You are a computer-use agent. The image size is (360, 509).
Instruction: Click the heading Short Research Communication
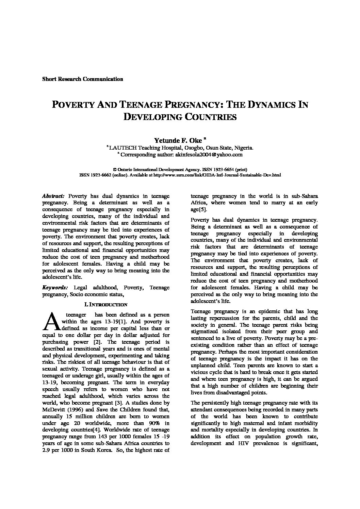coord(82,79)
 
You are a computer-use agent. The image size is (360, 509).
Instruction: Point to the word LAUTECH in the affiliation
coord(123,148)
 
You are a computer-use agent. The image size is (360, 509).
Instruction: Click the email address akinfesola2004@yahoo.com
coord(209,154)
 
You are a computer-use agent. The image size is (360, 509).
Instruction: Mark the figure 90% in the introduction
coord(151,423)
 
